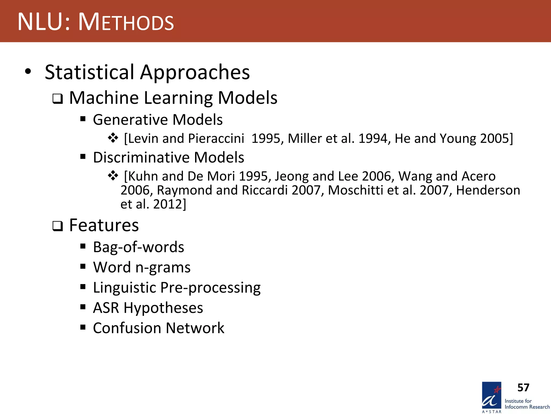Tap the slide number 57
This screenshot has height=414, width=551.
point(523,388)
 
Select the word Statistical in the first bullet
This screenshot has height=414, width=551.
point(89,72)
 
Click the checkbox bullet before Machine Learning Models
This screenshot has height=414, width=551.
point(58,99)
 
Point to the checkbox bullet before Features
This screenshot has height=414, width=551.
point(58,226)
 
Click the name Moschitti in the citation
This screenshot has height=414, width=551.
point(355,190)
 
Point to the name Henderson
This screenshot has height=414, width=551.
point(488,190)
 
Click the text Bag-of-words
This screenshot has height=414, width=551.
point(139,247)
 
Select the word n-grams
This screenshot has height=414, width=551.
point(163,267)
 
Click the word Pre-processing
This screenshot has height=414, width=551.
point(210,288)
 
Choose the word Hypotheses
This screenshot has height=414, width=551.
point(163,308)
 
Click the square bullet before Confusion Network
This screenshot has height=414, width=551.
point(83,327)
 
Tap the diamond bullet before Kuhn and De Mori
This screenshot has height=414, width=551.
point(113,176)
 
